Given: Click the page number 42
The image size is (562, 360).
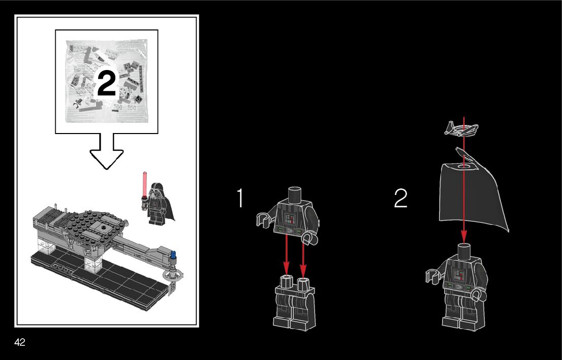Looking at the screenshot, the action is point(20,342).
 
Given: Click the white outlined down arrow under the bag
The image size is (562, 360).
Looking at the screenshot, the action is point(106,151).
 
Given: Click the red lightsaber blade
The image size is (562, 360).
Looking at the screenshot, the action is point(145,183).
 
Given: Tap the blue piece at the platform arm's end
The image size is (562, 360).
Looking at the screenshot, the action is point(174,255).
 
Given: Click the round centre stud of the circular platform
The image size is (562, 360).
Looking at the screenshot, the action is point(103,227).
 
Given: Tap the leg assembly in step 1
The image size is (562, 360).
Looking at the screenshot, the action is point(295,303).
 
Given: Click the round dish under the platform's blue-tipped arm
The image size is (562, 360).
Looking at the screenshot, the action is point(172,276).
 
